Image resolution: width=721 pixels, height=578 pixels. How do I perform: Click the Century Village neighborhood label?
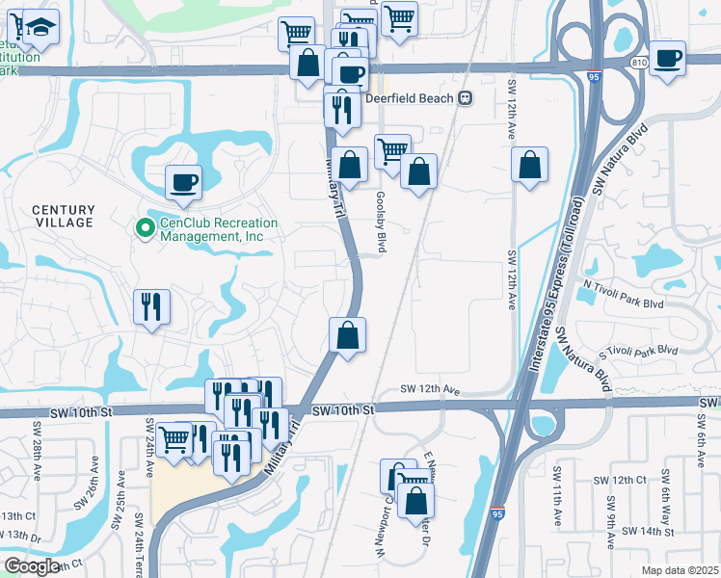64,216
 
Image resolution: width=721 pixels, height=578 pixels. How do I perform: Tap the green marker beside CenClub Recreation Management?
145,228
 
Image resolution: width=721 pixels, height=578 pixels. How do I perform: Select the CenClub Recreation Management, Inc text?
218,229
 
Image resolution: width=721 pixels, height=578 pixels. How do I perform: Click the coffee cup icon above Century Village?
183,182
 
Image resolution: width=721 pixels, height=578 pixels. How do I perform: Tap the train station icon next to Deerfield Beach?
466,98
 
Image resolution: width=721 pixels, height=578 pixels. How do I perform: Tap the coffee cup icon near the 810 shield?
667,58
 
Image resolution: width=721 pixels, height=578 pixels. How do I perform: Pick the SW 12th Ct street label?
620,480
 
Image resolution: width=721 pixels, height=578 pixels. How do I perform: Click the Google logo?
33,565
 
